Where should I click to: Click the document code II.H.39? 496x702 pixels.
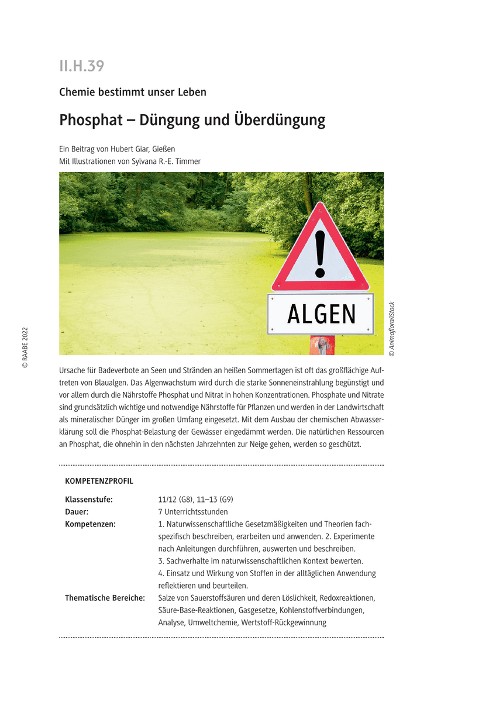pos(81,66)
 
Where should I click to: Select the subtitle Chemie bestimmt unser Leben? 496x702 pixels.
pos(133,92)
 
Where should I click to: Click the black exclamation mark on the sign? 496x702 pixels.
pos(319,253)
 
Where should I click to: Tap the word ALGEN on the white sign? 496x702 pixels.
pos(321,314)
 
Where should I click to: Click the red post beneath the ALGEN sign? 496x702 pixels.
pos(322,345)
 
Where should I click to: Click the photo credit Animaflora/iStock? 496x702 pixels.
pos(392,329)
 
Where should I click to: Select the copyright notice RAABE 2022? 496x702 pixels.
pos(25,347)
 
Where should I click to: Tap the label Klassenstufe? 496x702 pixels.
pos(89,500)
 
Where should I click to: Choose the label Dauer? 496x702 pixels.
pos(77,512)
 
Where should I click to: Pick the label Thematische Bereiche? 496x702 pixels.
pos(105,598)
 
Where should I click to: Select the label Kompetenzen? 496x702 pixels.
pos(90,524)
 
